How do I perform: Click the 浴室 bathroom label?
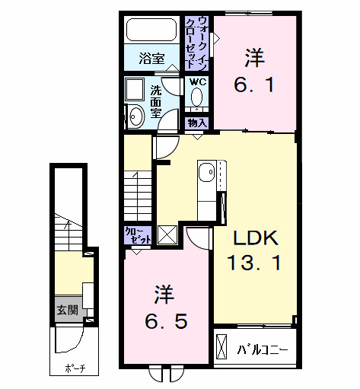(152, 58)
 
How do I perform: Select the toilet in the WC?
(197, 97)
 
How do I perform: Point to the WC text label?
(197, 81)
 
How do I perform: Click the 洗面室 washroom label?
(155, 101)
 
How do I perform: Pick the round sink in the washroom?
(136, 116)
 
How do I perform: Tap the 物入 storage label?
(197, 122)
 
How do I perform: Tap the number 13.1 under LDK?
(256, 264)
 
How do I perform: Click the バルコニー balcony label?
(262, 350)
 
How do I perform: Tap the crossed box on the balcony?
(221, 347)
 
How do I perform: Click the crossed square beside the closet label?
(167, 234)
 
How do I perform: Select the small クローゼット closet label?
(138, 234)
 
